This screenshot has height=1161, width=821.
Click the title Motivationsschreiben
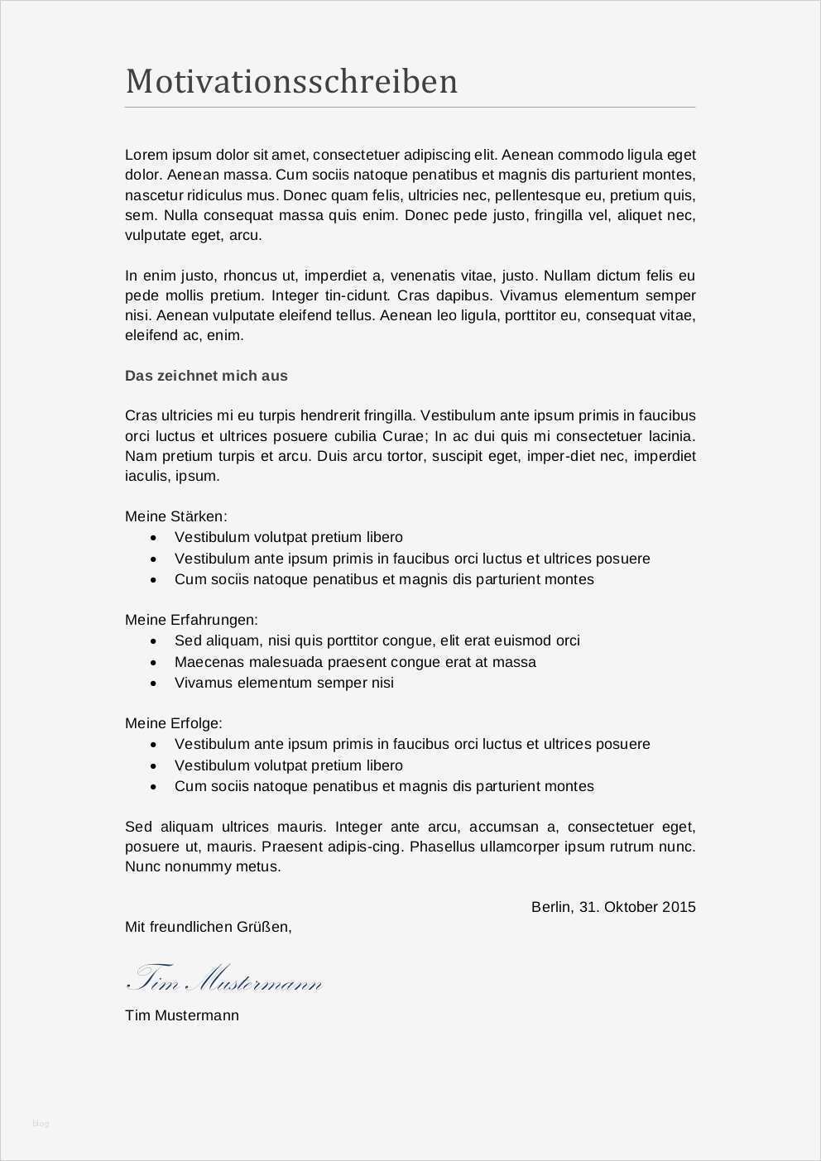[291, 82]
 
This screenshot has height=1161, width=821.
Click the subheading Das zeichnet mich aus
[206, 376]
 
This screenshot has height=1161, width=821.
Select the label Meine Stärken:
[175, 516]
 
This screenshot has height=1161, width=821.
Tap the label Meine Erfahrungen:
[191, 620]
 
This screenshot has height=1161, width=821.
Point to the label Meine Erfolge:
[173, 723]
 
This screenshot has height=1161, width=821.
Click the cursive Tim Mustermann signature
[223, 979]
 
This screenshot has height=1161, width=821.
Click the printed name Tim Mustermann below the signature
[181, 1015]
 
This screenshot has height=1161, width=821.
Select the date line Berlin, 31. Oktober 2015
[612, 907]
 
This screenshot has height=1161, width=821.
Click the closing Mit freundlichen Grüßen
[208, 927]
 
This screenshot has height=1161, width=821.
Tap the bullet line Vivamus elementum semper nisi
[284, 683]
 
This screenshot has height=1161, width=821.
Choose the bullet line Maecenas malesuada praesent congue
[355, 662]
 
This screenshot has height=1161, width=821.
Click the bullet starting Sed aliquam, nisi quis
[377, 640]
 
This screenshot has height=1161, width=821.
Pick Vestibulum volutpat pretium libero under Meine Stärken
[288, 537]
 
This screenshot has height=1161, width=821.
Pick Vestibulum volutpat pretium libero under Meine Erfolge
[288, 765]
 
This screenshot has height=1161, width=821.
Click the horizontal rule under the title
[410, 108]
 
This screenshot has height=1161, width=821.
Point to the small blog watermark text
[41, 1123]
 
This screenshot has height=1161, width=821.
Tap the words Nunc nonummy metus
[203, 867]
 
